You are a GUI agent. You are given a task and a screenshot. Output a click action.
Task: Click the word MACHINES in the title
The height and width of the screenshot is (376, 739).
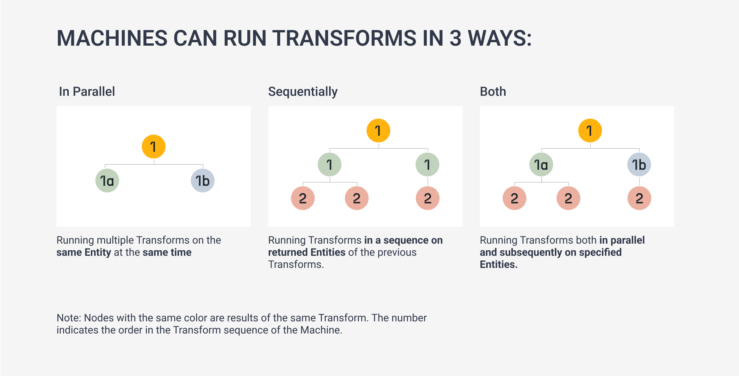point(112,38)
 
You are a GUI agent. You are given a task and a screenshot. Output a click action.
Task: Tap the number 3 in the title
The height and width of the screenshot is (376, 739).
point(455,38)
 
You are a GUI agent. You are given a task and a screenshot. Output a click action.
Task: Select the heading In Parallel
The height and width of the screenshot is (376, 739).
point(87,92)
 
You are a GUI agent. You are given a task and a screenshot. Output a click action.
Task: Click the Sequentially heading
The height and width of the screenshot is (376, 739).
point(303,92)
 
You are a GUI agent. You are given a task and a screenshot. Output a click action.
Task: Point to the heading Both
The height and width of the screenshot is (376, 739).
point(493,92)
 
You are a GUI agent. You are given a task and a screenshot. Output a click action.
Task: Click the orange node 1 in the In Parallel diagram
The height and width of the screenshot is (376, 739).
point(154,147)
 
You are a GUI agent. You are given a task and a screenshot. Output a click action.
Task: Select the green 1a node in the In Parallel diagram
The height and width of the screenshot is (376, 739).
point(107,181)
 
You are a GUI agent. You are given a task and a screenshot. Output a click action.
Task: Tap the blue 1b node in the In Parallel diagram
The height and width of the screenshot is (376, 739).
point(203,181)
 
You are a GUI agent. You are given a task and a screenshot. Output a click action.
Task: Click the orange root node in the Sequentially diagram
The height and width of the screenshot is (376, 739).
point(378,131)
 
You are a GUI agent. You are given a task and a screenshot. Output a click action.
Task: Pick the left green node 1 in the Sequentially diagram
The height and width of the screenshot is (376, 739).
point(330,164)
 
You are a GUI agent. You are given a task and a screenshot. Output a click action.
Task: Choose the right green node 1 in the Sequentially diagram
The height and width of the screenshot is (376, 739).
point(427,164)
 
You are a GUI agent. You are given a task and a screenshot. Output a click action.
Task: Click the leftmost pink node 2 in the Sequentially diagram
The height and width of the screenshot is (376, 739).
point(303,198)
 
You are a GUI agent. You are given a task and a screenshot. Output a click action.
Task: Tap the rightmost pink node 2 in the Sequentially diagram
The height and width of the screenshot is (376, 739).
point(428,198)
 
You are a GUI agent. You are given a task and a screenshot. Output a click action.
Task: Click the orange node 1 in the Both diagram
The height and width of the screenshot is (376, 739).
point(590,131)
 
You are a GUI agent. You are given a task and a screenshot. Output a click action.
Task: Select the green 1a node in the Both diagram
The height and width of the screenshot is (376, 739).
point(541,164)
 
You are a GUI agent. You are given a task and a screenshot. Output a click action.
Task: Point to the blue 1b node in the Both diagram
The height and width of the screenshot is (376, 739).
point(639,164)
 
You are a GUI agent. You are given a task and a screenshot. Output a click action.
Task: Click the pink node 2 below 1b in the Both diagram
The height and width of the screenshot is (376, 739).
point(639,198)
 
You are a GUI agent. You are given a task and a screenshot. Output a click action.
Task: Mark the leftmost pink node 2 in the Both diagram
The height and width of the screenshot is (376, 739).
point(515,198)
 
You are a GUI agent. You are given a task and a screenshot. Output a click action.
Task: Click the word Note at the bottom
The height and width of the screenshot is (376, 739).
point(69,318)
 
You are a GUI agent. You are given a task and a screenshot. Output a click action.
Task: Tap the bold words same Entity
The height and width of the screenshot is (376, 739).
point(84,252)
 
